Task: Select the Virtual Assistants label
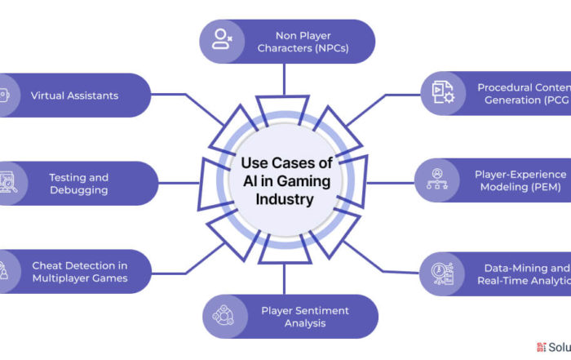[74, 96]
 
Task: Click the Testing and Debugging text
[78, 184]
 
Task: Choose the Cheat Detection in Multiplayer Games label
[79, 272]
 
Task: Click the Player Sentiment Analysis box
[290, 316]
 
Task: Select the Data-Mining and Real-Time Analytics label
[523, 274]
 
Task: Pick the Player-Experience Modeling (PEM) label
[520, 180]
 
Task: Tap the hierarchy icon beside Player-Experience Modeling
[437, 180]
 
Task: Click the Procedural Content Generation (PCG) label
[521, 93]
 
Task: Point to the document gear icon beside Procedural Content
[443, 93]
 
